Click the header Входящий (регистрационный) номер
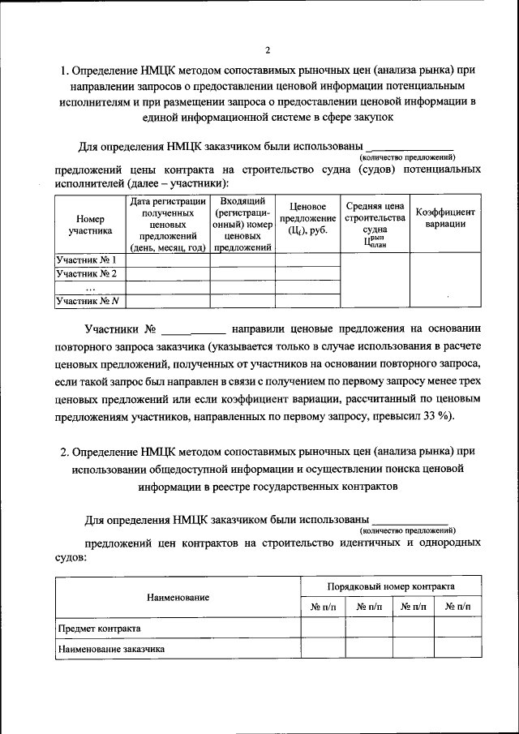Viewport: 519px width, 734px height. click(242, 225)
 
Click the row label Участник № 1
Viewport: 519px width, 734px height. click(87, 260)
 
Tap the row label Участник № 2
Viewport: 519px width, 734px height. click(87, 274)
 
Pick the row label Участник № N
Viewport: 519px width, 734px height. click(87, 302)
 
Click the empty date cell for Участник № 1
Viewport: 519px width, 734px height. click(168, 260)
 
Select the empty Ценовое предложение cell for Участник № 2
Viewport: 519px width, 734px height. click(307, 274)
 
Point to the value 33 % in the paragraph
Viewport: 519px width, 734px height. click(439, 416)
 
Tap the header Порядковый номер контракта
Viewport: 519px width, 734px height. click(390, 586)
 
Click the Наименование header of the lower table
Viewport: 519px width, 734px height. click(178, 598)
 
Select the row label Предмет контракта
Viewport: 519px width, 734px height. click(99, 629)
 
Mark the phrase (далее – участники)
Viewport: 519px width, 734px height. click(169, 184)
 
